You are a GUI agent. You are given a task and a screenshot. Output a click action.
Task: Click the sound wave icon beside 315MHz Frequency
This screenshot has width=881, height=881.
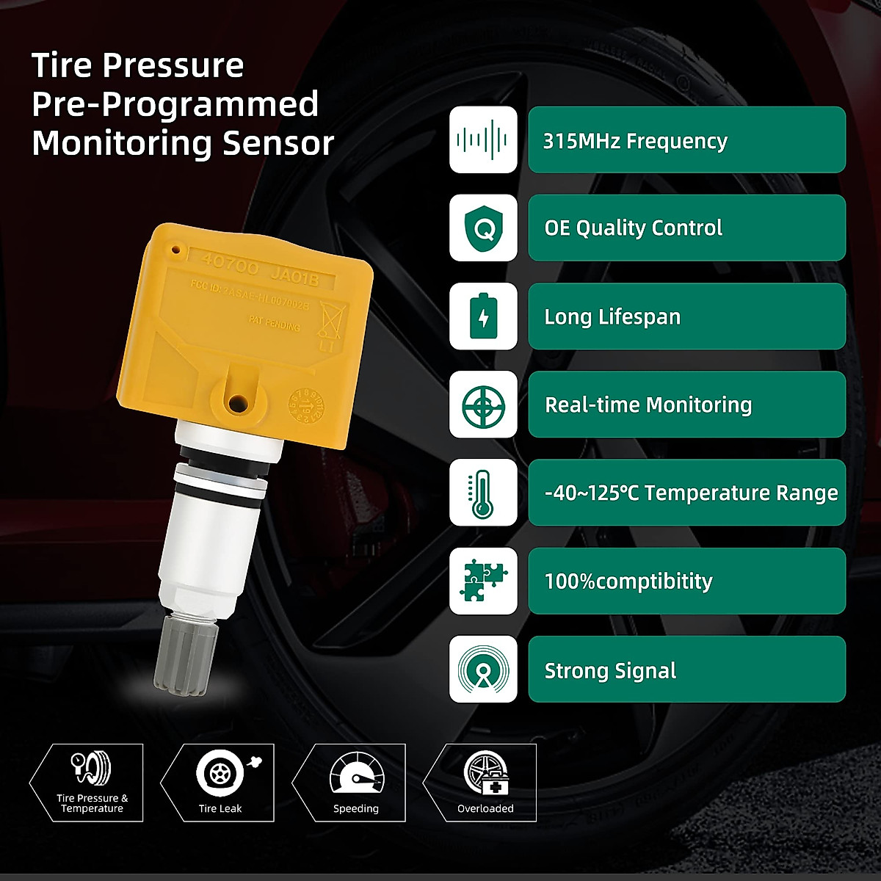click(483, 139)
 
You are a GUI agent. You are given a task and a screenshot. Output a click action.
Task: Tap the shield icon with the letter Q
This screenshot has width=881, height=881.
click(483, 228)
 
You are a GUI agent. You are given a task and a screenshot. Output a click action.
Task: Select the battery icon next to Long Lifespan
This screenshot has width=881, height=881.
click(483, 316)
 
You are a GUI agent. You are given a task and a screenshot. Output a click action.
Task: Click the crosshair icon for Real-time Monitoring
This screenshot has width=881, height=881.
click(483, 405)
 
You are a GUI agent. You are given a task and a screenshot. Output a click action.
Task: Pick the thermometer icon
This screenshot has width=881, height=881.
click(483, 493)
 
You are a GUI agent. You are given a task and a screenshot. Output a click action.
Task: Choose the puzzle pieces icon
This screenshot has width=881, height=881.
click(483, 581)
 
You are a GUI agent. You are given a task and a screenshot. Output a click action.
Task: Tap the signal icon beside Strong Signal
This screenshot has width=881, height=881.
click(483, 669)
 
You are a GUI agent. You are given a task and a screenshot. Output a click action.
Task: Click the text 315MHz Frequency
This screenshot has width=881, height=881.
click(635, 140)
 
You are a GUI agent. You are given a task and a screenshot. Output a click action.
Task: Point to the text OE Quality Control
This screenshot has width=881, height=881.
click(633, 228)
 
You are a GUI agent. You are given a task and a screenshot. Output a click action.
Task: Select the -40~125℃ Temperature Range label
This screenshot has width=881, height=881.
click(691, 493)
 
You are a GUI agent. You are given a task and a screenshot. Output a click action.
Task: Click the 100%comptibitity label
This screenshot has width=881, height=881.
click(628, 581)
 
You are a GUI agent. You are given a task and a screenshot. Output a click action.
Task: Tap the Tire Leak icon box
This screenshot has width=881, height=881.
click(220, 782)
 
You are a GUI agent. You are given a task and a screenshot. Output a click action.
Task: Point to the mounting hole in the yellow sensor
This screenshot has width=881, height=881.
click(237, 402)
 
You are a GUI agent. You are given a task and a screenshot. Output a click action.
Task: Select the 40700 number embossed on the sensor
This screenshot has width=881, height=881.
click(230, 265)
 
